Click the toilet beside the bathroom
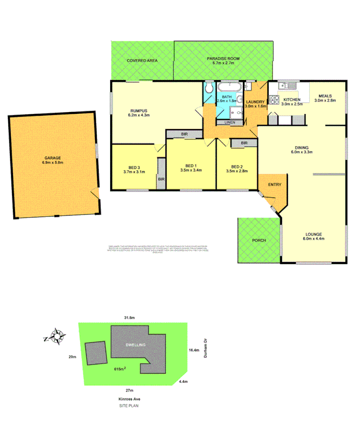pyautogui.click(x=209, y=88)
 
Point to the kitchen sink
pyautogui.click(x=286, y=86)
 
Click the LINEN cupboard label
pyautogui.click(x=230, y=123)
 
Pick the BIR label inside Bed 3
pyautogui.click(x=161, y=178)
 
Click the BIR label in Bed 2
pyautogui.click(x=244, y=144)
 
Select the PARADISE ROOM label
pyautogui.click(x=223, y=59)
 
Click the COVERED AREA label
pyautogui.click(x=142, y=61)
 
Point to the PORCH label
pyautogui.click(x=259, y=240)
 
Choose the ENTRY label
pyautogui.click(x=274, y=185)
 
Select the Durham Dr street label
pyautogui.click(x=205, y=348)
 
